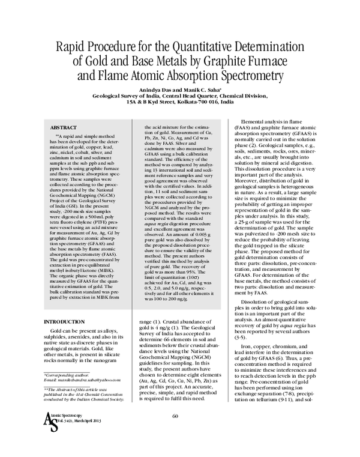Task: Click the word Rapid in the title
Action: point(71,47)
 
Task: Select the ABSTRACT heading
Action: point(63,129)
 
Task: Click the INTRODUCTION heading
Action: point(68,321)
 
